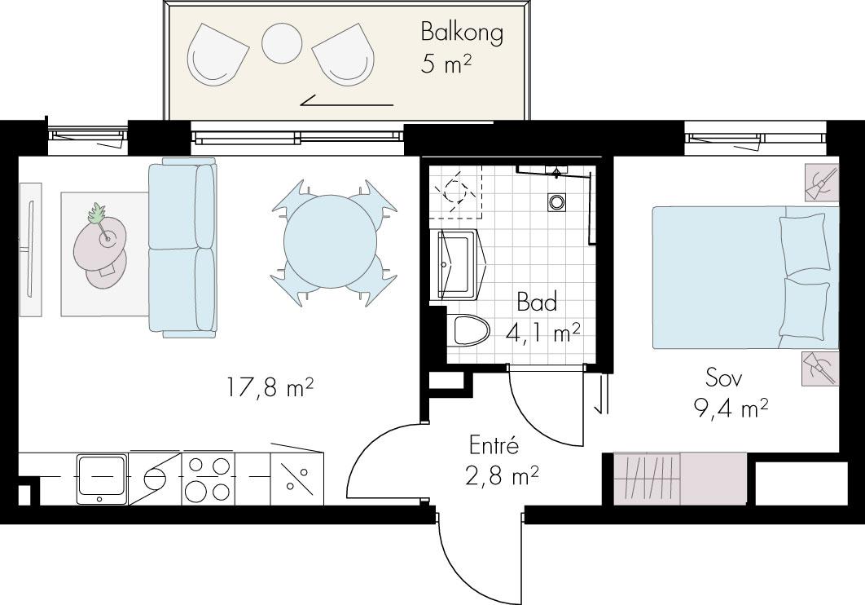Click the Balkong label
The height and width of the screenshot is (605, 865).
(462, 32)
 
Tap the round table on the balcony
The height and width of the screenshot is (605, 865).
(281, 43)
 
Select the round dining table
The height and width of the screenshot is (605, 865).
(331, 242)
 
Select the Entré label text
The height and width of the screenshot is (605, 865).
(494, 445)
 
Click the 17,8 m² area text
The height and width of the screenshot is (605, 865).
(270, 387)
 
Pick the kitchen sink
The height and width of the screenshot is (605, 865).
(101, 479)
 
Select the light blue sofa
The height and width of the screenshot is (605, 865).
(182, 247)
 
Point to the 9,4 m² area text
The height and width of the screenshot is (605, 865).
(731, 409)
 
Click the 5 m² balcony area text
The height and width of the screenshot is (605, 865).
(446, 64)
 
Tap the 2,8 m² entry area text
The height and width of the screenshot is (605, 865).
(502, 475)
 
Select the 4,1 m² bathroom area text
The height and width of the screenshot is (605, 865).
(542, 333)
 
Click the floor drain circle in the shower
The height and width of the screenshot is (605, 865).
(555, 202)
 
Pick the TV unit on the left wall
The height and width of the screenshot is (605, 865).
(30, 250)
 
